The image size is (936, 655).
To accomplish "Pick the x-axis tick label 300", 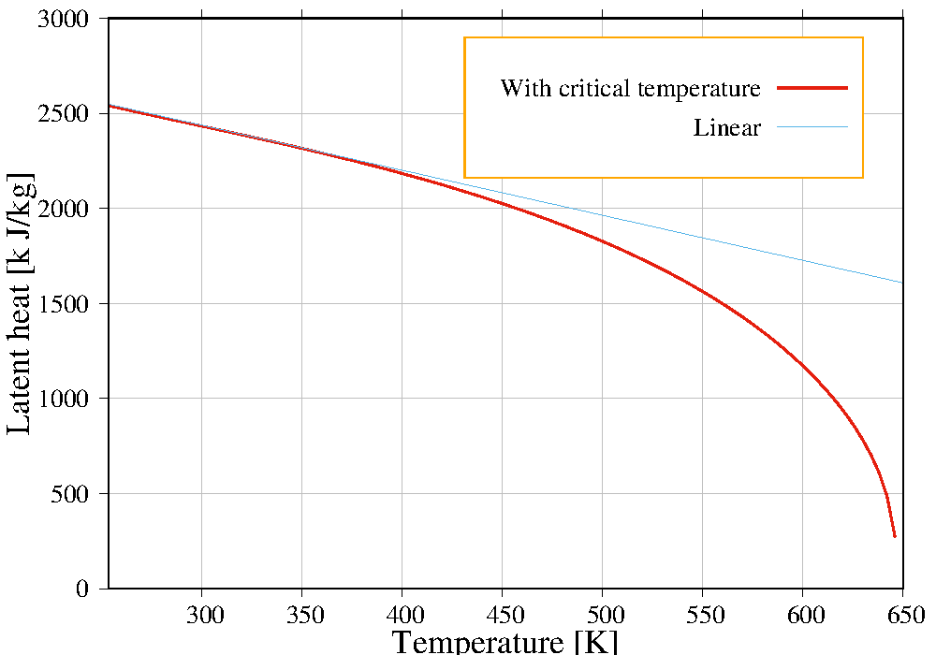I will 202,615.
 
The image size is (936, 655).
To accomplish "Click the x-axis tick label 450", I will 502,615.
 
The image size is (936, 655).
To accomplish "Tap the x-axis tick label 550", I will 702,615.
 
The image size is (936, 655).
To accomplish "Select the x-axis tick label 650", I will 902,615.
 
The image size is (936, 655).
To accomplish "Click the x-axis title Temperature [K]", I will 505,642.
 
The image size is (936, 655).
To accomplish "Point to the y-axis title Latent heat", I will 21,303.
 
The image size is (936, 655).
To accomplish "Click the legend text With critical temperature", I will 630,89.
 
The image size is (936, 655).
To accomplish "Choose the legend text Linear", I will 727,128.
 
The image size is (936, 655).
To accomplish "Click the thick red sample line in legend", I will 812,88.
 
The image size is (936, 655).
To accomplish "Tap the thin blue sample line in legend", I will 812,127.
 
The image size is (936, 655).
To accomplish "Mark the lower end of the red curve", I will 895,536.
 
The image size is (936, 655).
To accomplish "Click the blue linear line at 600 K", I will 802,260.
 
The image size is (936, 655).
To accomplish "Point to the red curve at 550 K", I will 702,291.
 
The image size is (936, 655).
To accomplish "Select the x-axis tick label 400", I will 402,615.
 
